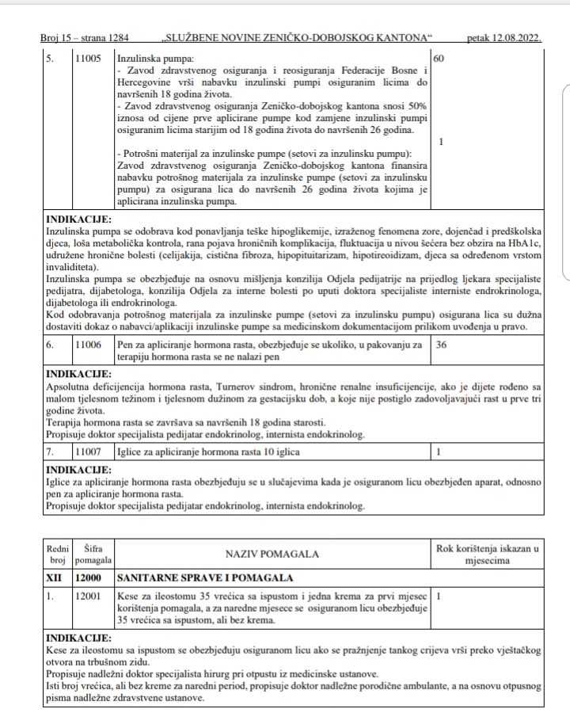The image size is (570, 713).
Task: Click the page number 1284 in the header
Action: pyautogui.click(x=116, y=38)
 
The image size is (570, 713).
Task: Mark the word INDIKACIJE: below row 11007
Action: pyautogui.click(x=79, y=468)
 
